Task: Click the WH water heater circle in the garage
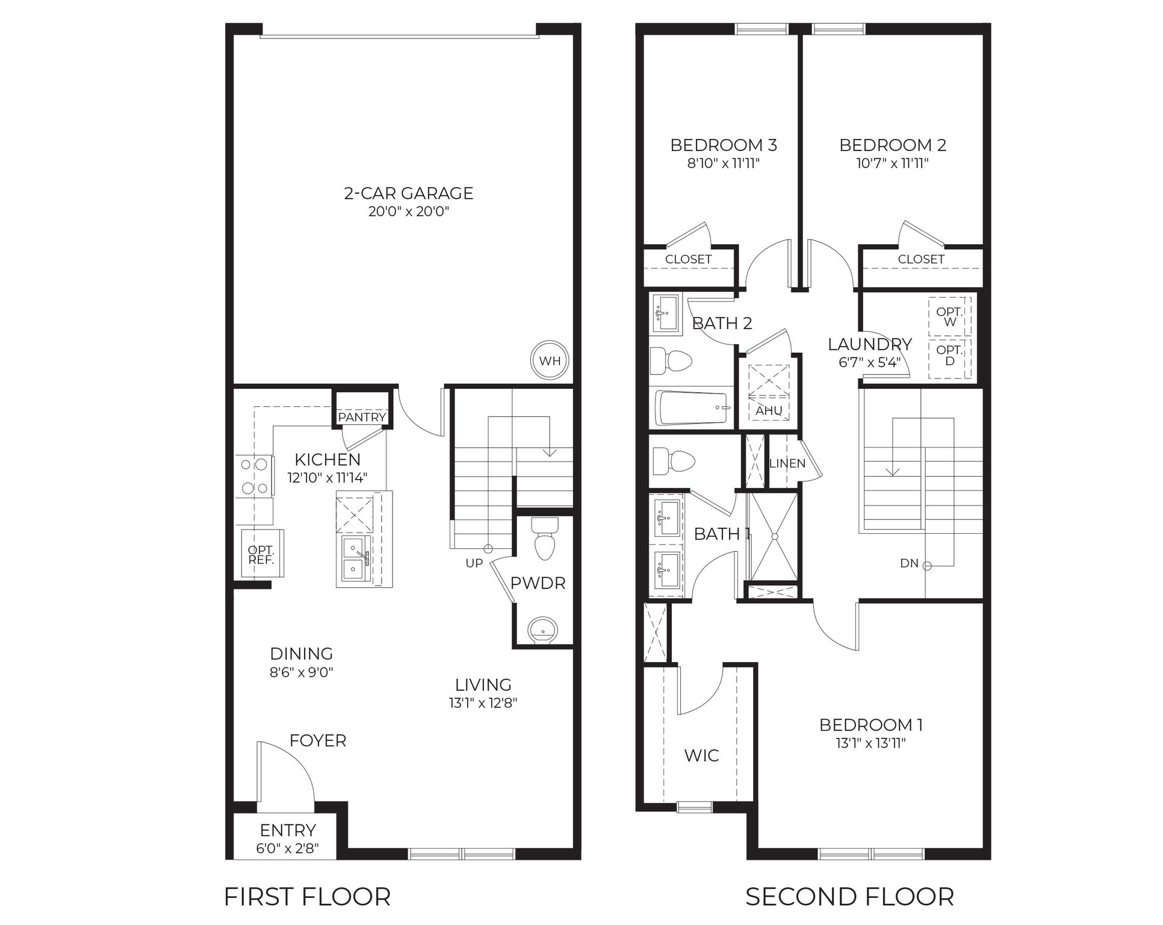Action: pos(550,361)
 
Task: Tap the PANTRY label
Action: pos(362,417)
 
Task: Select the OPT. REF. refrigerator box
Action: pos(261,555)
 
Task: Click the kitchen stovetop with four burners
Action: pos(253,476)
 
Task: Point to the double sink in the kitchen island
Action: pos(353,558)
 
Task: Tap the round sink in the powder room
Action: pos(543,630)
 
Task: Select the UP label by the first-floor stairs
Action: pos(474,563)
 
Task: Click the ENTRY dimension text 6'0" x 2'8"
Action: pos(287,849)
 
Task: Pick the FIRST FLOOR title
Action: pos(307,896)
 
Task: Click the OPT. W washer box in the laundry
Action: pos(949,317)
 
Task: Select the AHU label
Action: pos(769,410)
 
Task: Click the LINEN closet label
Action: pos(787,463)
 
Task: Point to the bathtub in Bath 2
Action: pos(693,407)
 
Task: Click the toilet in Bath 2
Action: pos(671,361)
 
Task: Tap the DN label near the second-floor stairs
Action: pos(909,563)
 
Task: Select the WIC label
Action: pos(701,755)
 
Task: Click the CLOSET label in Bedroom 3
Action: pos(688,259)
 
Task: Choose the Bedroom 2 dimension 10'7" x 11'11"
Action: pos(892,163)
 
